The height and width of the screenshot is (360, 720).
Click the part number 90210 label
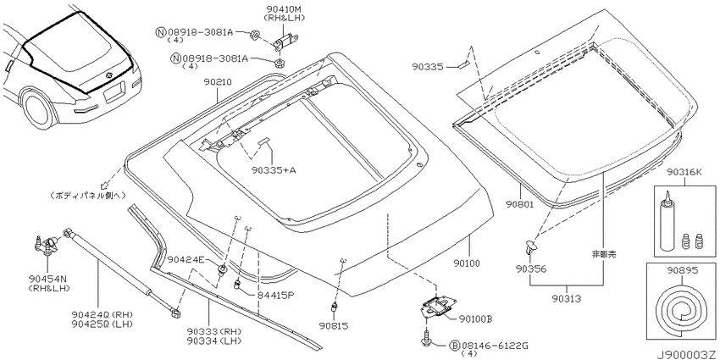tap(218, 83)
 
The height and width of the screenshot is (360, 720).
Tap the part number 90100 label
tap(467, 263)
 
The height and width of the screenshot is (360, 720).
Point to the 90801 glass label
tap(520, 205)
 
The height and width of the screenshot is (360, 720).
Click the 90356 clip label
tap(530, 269)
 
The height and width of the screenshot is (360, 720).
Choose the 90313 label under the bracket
tap(566, 299)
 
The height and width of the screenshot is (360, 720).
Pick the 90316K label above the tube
tap(684, 173)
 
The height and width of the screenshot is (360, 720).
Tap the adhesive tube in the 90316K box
tap(667, 228)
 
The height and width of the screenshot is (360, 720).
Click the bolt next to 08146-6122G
tap(427, 337)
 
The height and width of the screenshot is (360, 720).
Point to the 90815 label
tap(334, 326)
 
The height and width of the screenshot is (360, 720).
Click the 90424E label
tap(185, 259)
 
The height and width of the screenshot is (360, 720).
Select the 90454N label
tap(47, 279)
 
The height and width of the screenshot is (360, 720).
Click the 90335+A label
tap(274, 170)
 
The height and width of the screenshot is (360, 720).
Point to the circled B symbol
tap(454, 345)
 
